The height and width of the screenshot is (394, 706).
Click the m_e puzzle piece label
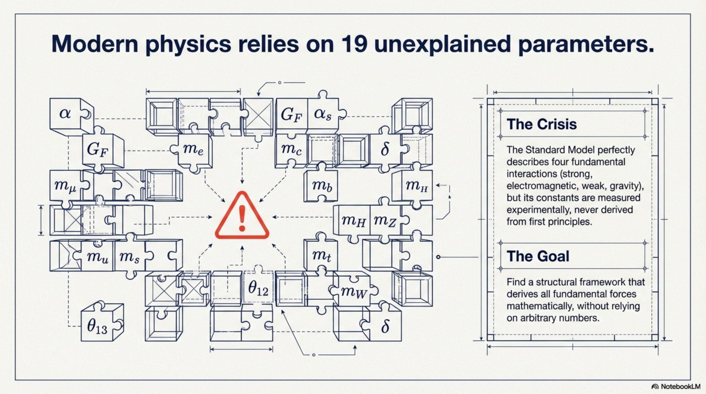tap(193, 149)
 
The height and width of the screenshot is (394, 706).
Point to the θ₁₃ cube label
tap(97, 327)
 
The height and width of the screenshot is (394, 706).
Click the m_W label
tap(354, 292)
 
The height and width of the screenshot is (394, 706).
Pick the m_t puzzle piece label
tap(321, 256)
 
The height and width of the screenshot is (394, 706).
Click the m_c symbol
tap(291, 150)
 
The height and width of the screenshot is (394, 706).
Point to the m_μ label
tap(65, 186)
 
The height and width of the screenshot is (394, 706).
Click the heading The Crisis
tap(542, 124)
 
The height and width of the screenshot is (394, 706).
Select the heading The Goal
tap(538, 256)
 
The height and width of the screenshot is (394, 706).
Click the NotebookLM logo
tap(676, 387)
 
